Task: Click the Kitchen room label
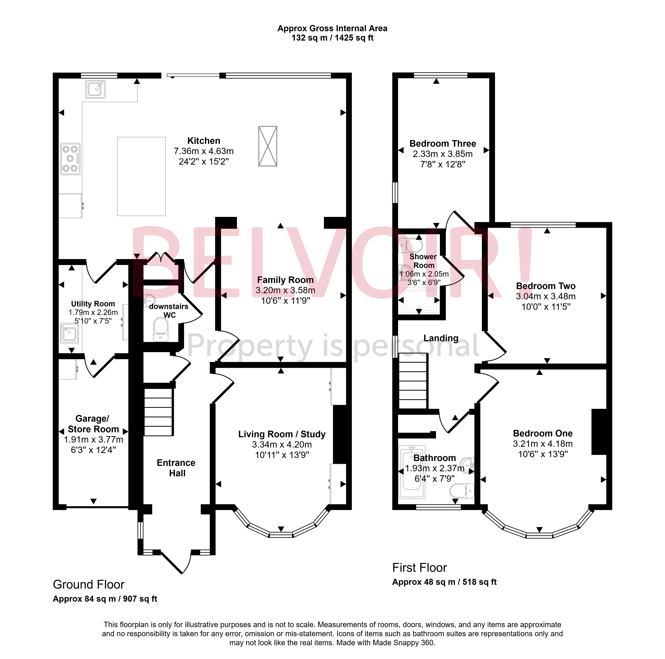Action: click(204, 141)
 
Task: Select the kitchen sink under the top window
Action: click(95, 89)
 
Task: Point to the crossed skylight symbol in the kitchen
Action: click(268, 146)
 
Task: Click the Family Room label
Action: click(285, 280)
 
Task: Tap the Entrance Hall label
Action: click(176, 468)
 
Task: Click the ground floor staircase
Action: click(158, 412)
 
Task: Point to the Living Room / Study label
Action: click(282, 434)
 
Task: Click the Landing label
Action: click(441, 338)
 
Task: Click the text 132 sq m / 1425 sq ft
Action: click(332, 38)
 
